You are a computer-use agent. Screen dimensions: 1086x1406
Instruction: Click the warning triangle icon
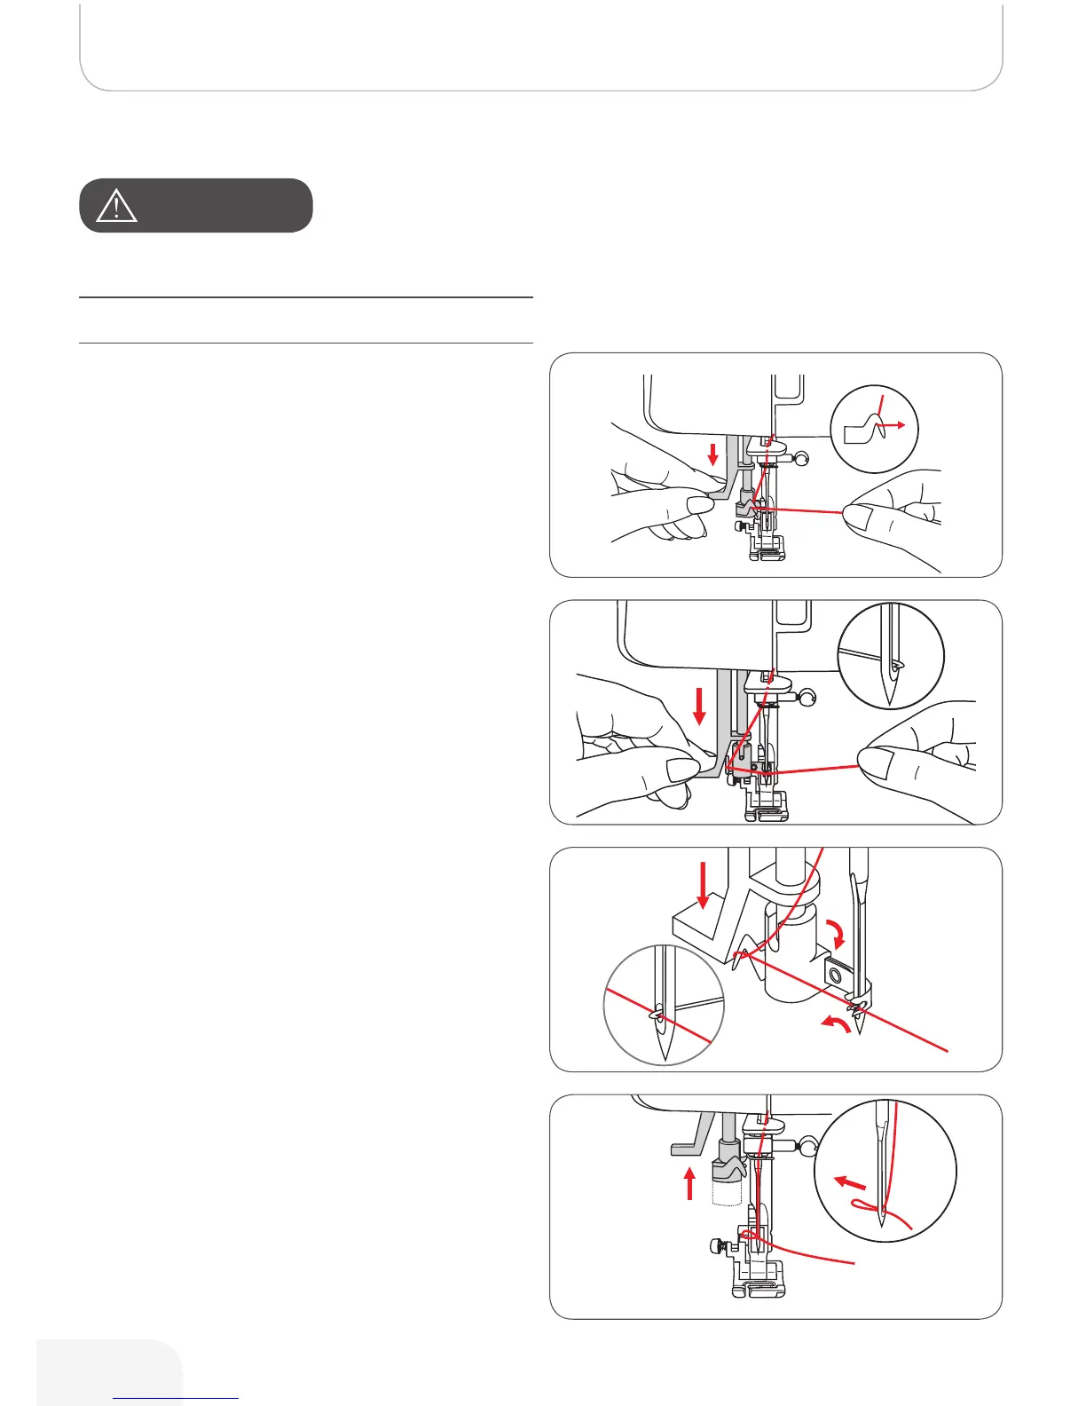coord(116,206)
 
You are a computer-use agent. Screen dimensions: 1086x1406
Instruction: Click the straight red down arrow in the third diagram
coord(704,886)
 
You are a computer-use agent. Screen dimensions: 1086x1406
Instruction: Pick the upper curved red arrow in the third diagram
coord(837,935)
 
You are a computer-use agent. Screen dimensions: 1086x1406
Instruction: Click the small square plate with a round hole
coord(835,974)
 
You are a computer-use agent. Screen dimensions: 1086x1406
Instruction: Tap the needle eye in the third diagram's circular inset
coord(659,1012)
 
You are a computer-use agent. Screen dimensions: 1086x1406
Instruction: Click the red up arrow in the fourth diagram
coord(690,1183)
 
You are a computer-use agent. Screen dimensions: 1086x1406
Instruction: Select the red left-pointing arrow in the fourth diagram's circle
coord(850,1183)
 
